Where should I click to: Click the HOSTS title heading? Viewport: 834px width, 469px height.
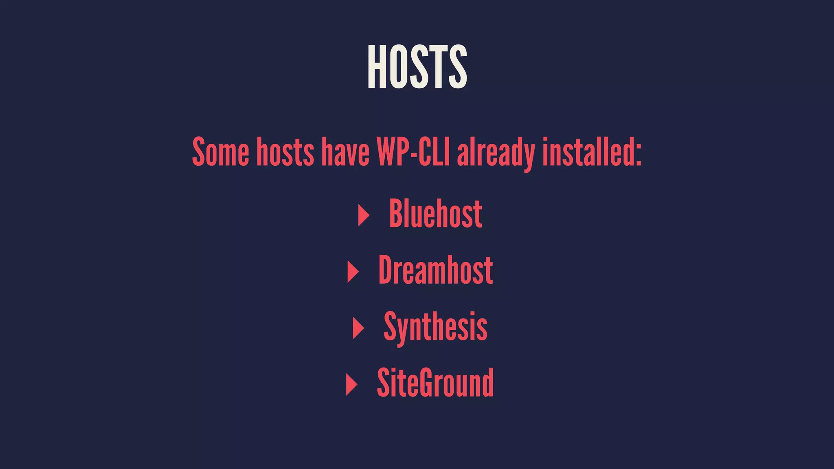(x=417, y=67)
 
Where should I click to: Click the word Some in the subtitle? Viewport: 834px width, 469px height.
(x=220, y=151)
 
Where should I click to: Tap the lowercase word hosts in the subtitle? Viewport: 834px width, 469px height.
(x=285, y=151)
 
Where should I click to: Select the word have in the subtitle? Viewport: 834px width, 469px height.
(x=345, y=151)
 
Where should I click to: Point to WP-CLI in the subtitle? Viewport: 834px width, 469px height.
(x=413, y=151)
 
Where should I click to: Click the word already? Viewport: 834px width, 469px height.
(x=496, y=152)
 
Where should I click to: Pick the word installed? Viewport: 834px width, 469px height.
(x=586, y=151)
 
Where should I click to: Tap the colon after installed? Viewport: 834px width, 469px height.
(x=638, y=155)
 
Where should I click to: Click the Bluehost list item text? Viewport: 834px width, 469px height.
(x=435, y=213)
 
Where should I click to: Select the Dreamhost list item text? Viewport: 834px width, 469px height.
(x=435, y=270)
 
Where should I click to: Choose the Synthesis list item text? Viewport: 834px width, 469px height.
(x=435, y=327)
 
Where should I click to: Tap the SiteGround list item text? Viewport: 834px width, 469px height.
(x=435, y=383)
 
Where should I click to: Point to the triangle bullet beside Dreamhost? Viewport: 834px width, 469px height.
(x=353, y=272)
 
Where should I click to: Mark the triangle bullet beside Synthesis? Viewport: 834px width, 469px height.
(x=358, y=328)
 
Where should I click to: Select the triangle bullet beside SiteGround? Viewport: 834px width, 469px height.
(x=351, y=384)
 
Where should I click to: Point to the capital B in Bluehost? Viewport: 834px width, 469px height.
(x=396, y=213)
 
